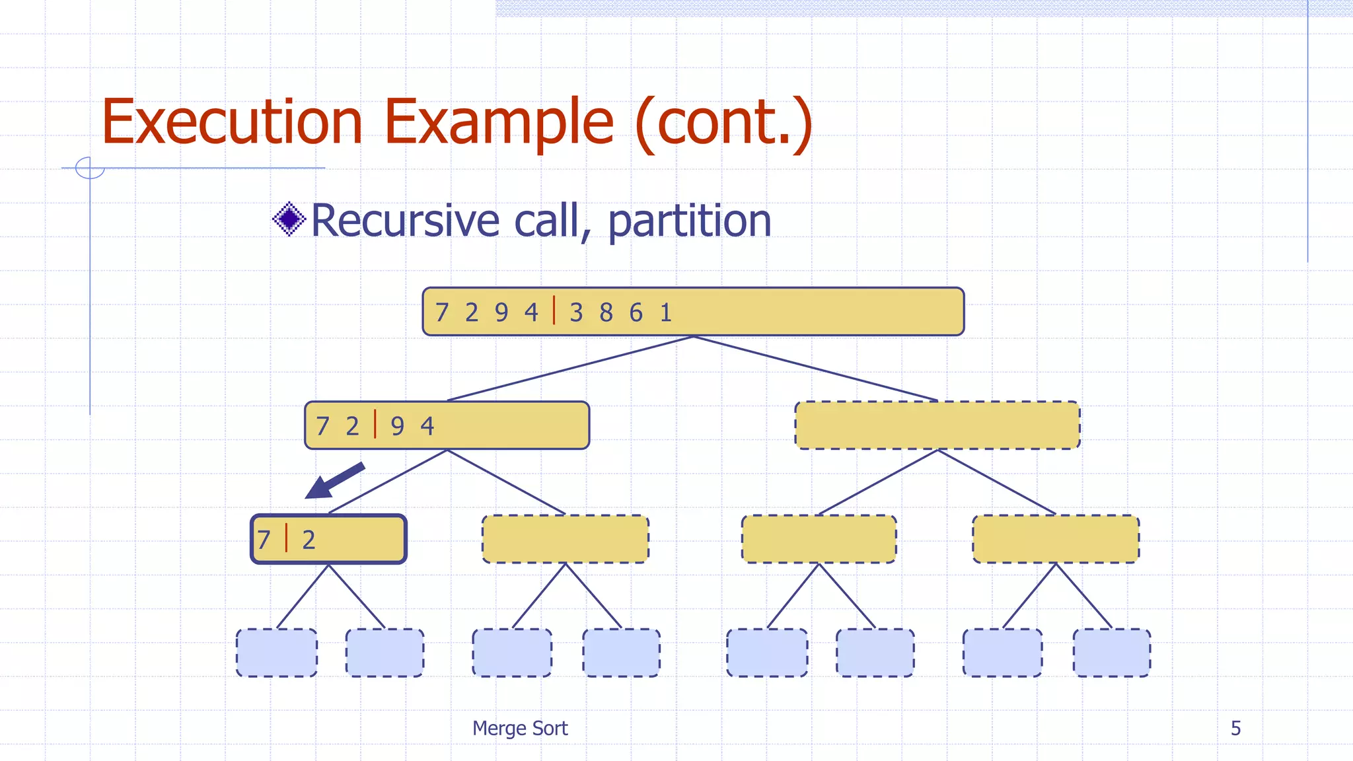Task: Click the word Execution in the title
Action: click(x=232, y=122)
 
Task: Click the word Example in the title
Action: click(x=499, y=122)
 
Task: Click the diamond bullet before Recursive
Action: click(x=289, y=219)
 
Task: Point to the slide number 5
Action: click(x=1235, y=728)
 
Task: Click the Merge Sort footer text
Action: click(x=520, y=728)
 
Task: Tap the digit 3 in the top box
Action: click(x=576, y=312)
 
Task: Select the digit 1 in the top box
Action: click(x=666, y=312)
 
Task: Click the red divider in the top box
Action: click(x=554, y=310)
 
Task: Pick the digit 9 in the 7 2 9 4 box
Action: click(x=397, y=426)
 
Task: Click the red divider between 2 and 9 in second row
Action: click(x=375, y=424)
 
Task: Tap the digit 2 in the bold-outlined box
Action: click(x=309, y=540)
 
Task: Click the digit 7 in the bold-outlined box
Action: click(x=264, y=540)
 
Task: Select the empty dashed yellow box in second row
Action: click(x=937, y=425)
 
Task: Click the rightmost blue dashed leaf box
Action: click(x=1111, y=653)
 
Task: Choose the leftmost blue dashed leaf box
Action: click(x=276, y=653)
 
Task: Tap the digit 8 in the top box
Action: click(x=606, y=312)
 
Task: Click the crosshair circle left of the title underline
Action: click(x=90, y=168)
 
